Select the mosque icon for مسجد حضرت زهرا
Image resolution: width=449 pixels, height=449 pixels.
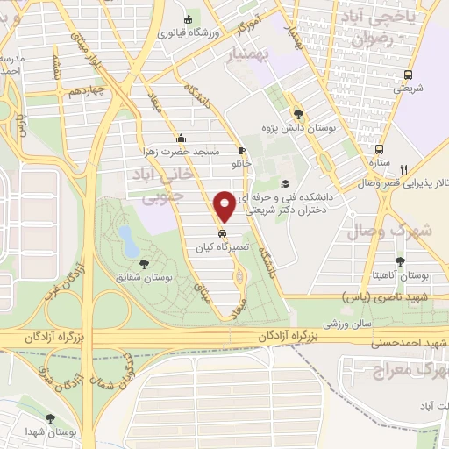click(181, 138)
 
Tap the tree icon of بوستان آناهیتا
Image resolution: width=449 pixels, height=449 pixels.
click(400, 261)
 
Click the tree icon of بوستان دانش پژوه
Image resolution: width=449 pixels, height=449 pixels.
click(298, 114)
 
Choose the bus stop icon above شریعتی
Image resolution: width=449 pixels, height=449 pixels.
click(408, 75)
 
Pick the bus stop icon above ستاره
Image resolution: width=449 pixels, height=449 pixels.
click(379, 149)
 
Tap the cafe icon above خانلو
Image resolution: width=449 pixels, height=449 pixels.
click(241, 151)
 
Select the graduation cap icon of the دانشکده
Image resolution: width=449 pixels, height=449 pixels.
click(285, 183)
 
